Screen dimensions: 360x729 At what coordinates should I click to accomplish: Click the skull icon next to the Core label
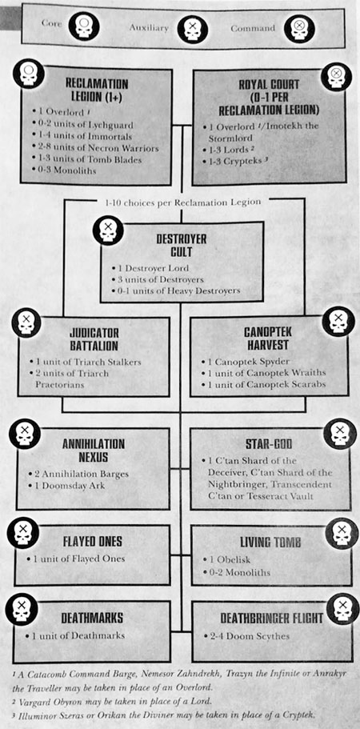point(84,26)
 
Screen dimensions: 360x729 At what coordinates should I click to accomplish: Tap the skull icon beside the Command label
point(300,28)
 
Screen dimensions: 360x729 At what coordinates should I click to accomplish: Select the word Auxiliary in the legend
point(149,28)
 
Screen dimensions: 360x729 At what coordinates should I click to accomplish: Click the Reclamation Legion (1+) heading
point(97,90)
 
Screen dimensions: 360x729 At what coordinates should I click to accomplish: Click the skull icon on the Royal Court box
point(337,77)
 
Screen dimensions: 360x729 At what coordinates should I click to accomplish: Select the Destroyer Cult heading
point(181,246)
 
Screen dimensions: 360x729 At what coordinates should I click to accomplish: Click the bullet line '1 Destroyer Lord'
point(150,268)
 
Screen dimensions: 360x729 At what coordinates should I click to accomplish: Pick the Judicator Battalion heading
point(94,339)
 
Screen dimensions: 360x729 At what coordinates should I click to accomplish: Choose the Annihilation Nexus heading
point(94,450)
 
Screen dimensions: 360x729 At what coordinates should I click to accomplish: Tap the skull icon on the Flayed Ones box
point(23,533)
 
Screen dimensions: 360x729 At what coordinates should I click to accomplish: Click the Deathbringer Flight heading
point(271,619)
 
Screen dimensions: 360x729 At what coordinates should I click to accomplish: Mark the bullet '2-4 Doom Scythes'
point(246,636)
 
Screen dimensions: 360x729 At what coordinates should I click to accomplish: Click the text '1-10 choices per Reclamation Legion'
point(181,202)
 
